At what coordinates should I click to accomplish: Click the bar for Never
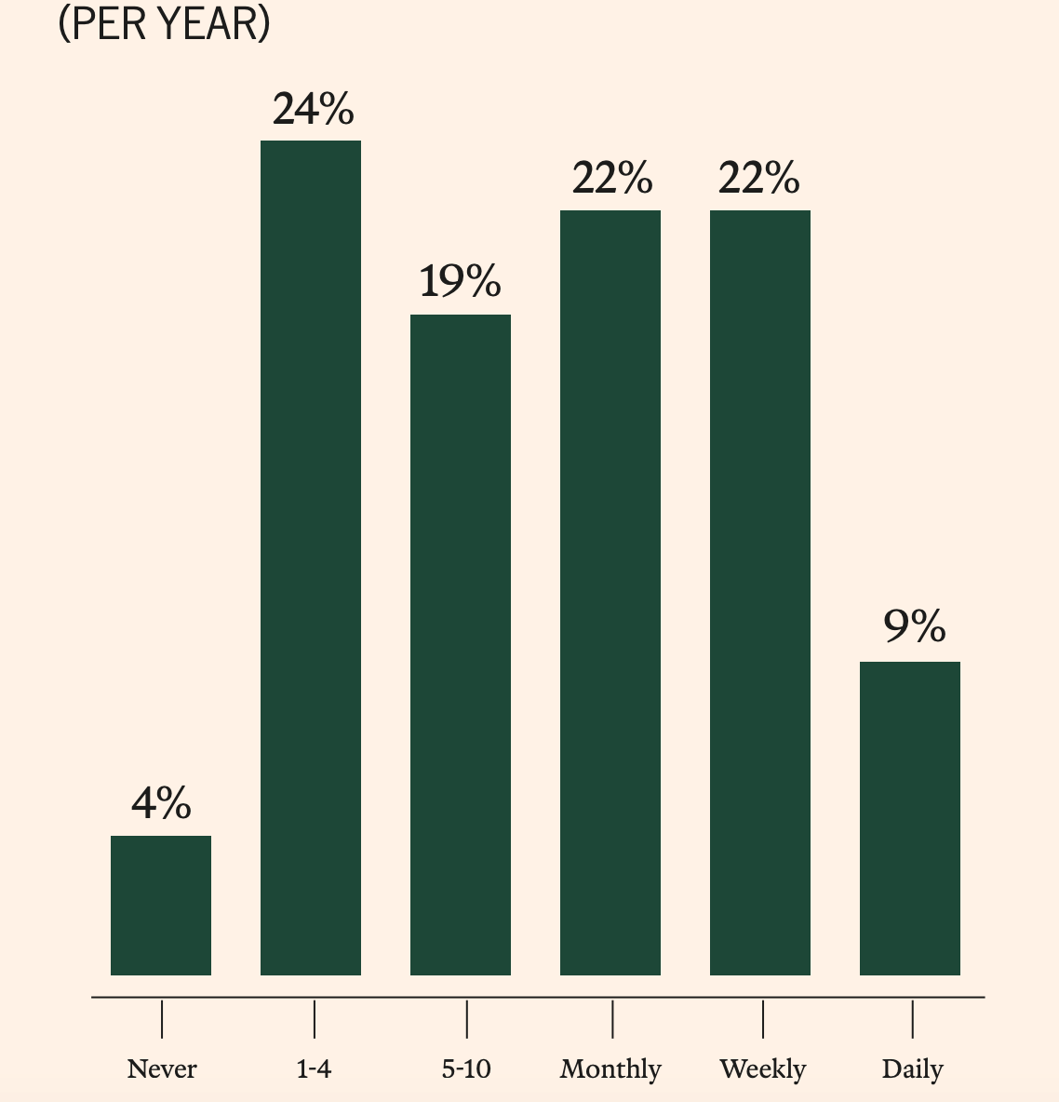(x=161, y=905)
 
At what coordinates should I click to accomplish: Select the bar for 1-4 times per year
(x=311, y=558)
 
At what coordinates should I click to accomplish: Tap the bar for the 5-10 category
(x=461, y=644)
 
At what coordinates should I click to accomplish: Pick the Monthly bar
(x=610, y=592)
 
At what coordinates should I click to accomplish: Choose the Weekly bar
(x=760, y=592)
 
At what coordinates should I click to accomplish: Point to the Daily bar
(x=910, y=818)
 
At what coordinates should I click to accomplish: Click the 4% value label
(x=161, y=803)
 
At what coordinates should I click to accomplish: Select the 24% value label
(x=313, y=109)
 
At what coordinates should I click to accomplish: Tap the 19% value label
(x=460, y=281)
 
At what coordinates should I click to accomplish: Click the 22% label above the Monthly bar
(x=611, y=178)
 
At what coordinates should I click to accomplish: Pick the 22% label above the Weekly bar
(x=758, y=178)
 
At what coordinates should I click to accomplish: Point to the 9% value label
(x=914, y=627)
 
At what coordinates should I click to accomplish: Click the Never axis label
(x=162, y=1069)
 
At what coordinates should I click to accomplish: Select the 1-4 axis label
(x=314, y=1069)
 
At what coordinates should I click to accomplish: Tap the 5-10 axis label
(x=466, y=1069)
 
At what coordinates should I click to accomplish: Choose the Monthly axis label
(x=610, y=1069)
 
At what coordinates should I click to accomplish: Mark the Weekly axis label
(x=762, y=1069)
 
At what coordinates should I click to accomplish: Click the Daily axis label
(x=912, y=1069)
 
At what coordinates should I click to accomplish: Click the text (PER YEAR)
(x=164, y=24)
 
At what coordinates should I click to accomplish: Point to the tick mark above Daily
(x=912, y=1019)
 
